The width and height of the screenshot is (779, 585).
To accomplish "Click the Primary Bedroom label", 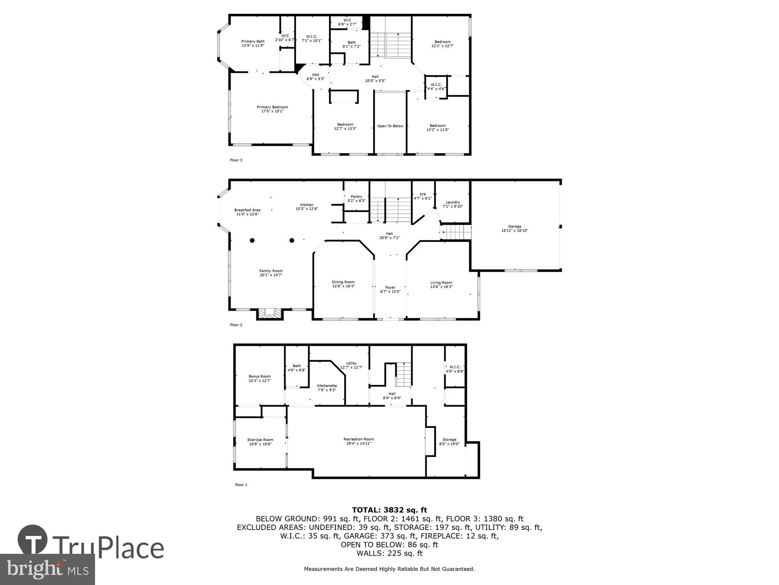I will tap(272, 107).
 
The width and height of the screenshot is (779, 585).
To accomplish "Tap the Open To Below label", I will tap(390, 126).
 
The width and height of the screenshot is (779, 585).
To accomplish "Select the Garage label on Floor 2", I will tap(514, 227).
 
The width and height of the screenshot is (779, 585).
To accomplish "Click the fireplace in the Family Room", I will tap(270, 312).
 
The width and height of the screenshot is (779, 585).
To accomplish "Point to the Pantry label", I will tap(356, 197).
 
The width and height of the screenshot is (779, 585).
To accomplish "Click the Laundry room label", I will tap(453, 202).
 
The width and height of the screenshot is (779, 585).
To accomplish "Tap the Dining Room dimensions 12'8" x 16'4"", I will tap(343, 286).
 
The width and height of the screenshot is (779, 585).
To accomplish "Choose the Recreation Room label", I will tap(358, 439).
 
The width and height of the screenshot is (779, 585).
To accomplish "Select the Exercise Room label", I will tap(260, 440).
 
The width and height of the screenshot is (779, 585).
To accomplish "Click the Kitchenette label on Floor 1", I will tap(327, 386).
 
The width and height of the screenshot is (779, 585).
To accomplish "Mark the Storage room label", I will tap(449, 440).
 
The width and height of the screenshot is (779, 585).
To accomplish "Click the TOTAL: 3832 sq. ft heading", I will tap(389, 510).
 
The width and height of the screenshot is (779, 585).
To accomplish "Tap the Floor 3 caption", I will tap(236, 160).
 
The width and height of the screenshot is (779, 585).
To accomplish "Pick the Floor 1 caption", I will tap(241, 485).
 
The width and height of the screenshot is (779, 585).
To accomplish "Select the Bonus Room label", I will tap(259, 376).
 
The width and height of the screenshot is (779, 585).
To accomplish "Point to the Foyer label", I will tap(390, 287).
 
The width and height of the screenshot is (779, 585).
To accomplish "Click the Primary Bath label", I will tap(253, 41).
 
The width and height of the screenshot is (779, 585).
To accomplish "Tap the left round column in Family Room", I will tap(252, 240).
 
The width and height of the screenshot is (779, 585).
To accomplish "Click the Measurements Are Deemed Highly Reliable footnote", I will tap(389, 569).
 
